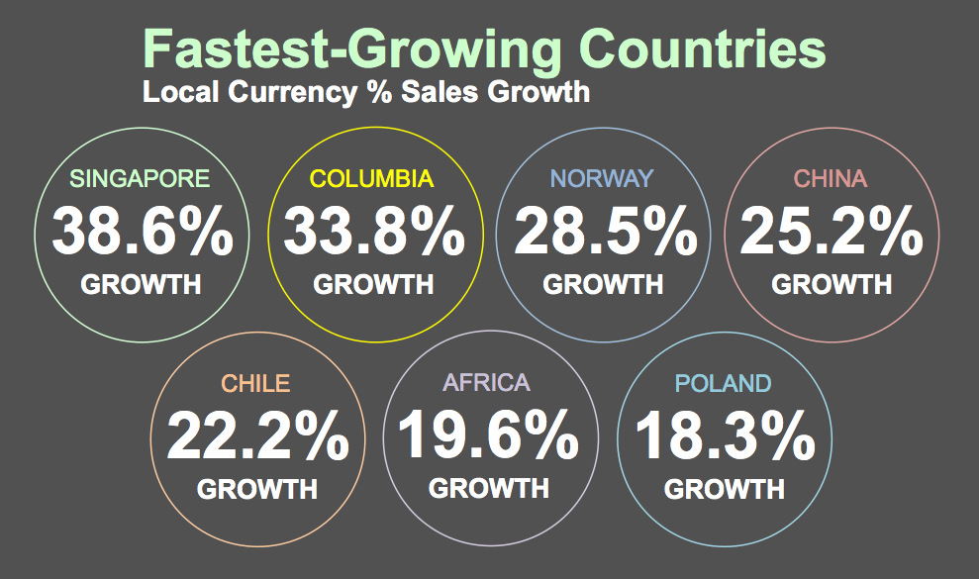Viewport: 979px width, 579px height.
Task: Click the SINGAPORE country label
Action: coord(140,179)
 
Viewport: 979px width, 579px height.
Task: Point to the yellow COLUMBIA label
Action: coord(371,179)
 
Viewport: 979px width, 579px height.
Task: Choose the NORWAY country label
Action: coord(602,179)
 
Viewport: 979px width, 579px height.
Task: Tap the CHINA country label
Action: coord(831,179)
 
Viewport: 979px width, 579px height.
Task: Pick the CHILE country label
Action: coord(255,384)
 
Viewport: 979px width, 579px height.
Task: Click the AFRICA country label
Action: coord(487,383)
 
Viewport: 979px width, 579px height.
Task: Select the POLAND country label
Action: coord(723,384)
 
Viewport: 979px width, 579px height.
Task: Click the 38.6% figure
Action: coord(142,232)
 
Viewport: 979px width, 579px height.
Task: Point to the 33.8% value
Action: coord(374,232)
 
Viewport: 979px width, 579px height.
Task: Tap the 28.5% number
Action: coord(604,232)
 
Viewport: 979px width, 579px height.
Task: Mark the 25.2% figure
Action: coord(832,232)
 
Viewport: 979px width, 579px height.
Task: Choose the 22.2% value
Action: coord(257,435)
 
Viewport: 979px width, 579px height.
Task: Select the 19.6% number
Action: coord(489,435)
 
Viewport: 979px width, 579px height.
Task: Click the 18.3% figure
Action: coord(725,435)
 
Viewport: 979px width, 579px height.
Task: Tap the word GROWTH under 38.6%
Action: coord(141,285)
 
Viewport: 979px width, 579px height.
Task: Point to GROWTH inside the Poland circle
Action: coord(725,489)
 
